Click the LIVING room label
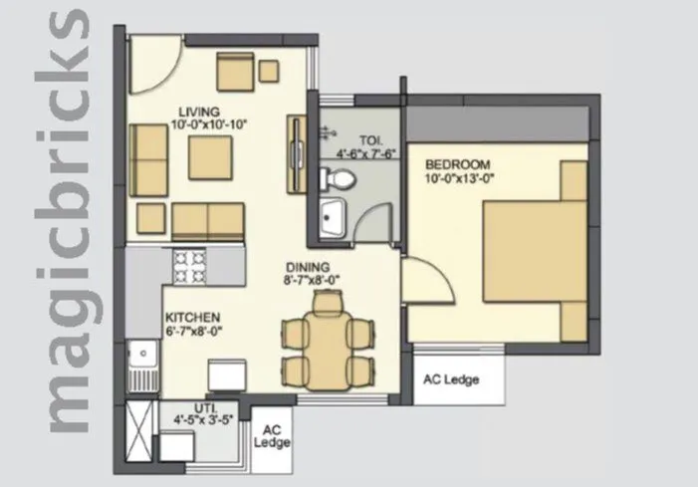(x=199, y=111)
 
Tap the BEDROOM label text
(x=458, y=163)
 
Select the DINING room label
(x=304, y=267)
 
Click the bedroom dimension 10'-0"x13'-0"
(x=460, y=178)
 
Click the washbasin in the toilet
(x=331, y=218)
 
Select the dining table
(x=324, y=346)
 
